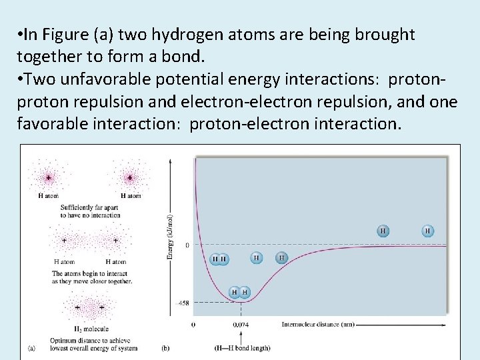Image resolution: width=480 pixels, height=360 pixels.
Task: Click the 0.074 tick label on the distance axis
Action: click(x=241, y=325)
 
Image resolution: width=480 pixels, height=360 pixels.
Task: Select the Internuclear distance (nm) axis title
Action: click(x=317, y=325)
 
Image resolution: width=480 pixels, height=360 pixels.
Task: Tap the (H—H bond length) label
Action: click(x=241, y=347)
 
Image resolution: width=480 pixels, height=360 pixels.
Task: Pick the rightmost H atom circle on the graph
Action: click(x=427, y=231)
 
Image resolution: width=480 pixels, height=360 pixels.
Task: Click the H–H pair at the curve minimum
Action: click(x=239, y=292)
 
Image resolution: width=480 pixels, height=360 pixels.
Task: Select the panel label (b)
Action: click(x=166, y=347)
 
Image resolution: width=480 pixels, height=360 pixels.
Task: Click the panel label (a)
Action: click(x=32, y=347)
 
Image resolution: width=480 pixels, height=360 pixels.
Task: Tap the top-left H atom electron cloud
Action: click(x=48, y=177)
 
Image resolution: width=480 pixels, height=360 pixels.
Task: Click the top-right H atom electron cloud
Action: click(x=130, y=177)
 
